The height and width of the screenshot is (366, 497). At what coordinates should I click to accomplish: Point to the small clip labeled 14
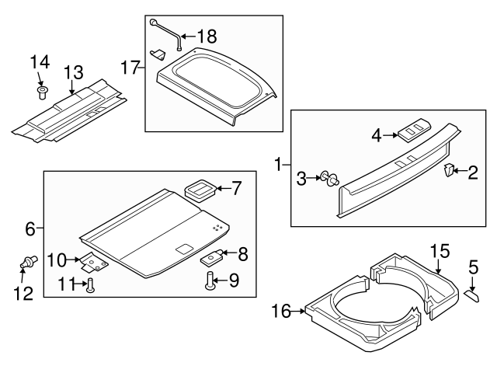(43, 95)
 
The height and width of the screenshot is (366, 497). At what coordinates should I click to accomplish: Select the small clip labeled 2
(450, 171)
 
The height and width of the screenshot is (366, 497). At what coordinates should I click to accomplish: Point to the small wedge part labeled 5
(473, 292)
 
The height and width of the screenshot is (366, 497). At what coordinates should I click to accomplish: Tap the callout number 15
(440, 251)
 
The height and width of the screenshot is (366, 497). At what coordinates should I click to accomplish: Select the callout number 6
(30, 229)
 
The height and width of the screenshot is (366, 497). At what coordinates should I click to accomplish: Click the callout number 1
(277, 164)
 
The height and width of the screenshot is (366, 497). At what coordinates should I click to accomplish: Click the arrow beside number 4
(392, 135)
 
